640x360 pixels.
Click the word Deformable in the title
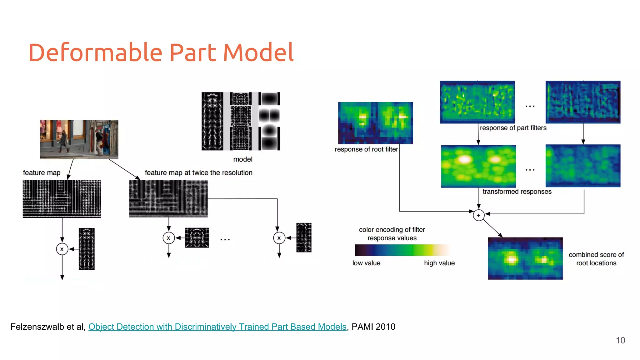(95, 52)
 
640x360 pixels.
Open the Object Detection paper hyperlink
(217, 327)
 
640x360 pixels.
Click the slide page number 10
(620, 340)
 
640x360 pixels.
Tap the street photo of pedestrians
(79, 139)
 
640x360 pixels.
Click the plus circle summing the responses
(478, 215)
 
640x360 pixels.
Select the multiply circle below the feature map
(62, 249)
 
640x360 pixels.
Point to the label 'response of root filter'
(366, 149)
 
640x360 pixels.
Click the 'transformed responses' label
(517, 192)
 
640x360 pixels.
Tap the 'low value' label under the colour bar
(366, 263)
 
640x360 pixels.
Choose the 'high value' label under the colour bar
(439, 263)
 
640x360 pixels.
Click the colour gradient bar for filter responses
(402, 250)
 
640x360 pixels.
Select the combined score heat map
(525, 258)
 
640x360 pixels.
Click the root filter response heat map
(375, 123)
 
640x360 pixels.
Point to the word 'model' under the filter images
(243, 159)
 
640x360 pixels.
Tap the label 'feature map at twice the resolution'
(198, 173)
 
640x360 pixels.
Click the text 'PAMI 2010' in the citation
(373, 327)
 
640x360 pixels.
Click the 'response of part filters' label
(513, 128)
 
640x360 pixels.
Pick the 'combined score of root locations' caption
(596, 259)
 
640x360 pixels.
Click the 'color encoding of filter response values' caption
(392, 234)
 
